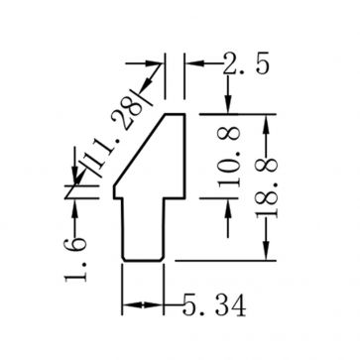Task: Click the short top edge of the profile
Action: pos(174,115)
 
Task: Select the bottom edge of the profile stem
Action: pos(142,262)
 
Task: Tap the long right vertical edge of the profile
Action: pos(185,154)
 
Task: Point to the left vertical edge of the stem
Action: pos(121,228)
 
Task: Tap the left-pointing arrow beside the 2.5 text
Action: pos(193,64)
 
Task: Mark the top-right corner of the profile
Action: pos(185,115)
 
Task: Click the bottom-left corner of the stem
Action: pos(122,261)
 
